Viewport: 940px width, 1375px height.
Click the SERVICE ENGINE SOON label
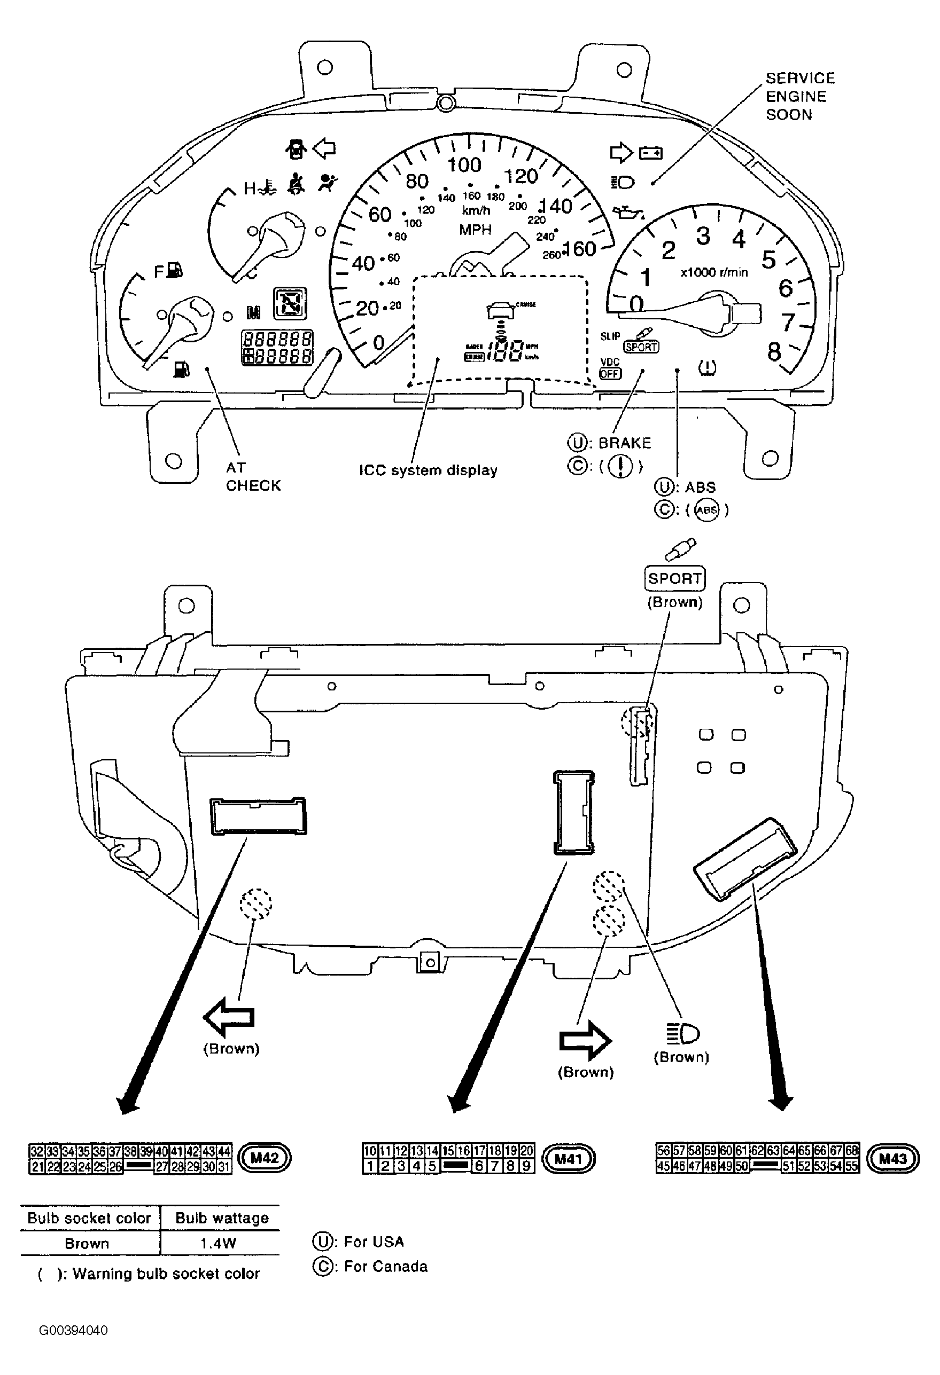click(799, 97)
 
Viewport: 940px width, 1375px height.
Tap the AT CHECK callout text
click(253, 476)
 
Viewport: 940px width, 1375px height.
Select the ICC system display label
click(428, 470)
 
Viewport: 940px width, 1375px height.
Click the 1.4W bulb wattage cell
click(219, 1244)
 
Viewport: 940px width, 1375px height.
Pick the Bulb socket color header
click(89, 1218)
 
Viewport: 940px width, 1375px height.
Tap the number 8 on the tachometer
click(774, 352)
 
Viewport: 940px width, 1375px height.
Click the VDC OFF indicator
click(610, 368)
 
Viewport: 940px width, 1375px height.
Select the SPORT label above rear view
click(674, 578)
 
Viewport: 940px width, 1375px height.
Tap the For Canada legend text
click(385, 1267)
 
